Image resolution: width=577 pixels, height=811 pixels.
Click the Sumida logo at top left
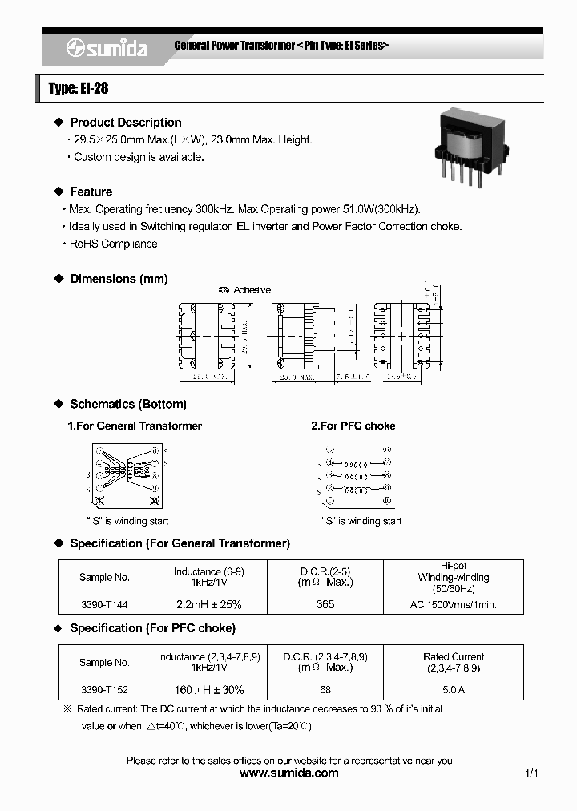(x=106, y=49)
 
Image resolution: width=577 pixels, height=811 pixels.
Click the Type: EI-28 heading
(x=78, y=88)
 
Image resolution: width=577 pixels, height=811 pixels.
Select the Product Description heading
(x=125, y=123)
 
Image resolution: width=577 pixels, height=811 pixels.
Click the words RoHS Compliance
(x=113, y=244)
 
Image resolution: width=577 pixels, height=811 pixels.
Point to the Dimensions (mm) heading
(x=119, y=279)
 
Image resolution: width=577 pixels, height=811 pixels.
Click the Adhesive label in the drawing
(x=251, y=290)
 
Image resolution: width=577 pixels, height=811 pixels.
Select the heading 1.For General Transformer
(x=135, y=426)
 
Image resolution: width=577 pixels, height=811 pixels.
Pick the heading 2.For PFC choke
(x=353, y=426)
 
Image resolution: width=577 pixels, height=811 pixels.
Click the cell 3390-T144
(x=104, y=604)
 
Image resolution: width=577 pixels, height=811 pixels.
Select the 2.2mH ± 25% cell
(x=208, y=604)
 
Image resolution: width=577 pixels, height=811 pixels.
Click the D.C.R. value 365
(x=325, y=604)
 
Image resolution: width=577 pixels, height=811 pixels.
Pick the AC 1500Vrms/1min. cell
(x=453, y=604)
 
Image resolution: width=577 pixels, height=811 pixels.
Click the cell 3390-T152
(x=104, y=689)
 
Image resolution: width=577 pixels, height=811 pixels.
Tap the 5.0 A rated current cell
(x=453, y=689)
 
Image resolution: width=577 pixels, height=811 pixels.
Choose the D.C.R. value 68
(x=325, y=689)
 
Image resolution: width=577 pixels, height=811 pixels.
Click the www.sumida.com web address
(x=289, y=773)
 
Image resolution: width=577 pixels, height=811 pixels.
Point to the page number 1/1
(x=531, y=773)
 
